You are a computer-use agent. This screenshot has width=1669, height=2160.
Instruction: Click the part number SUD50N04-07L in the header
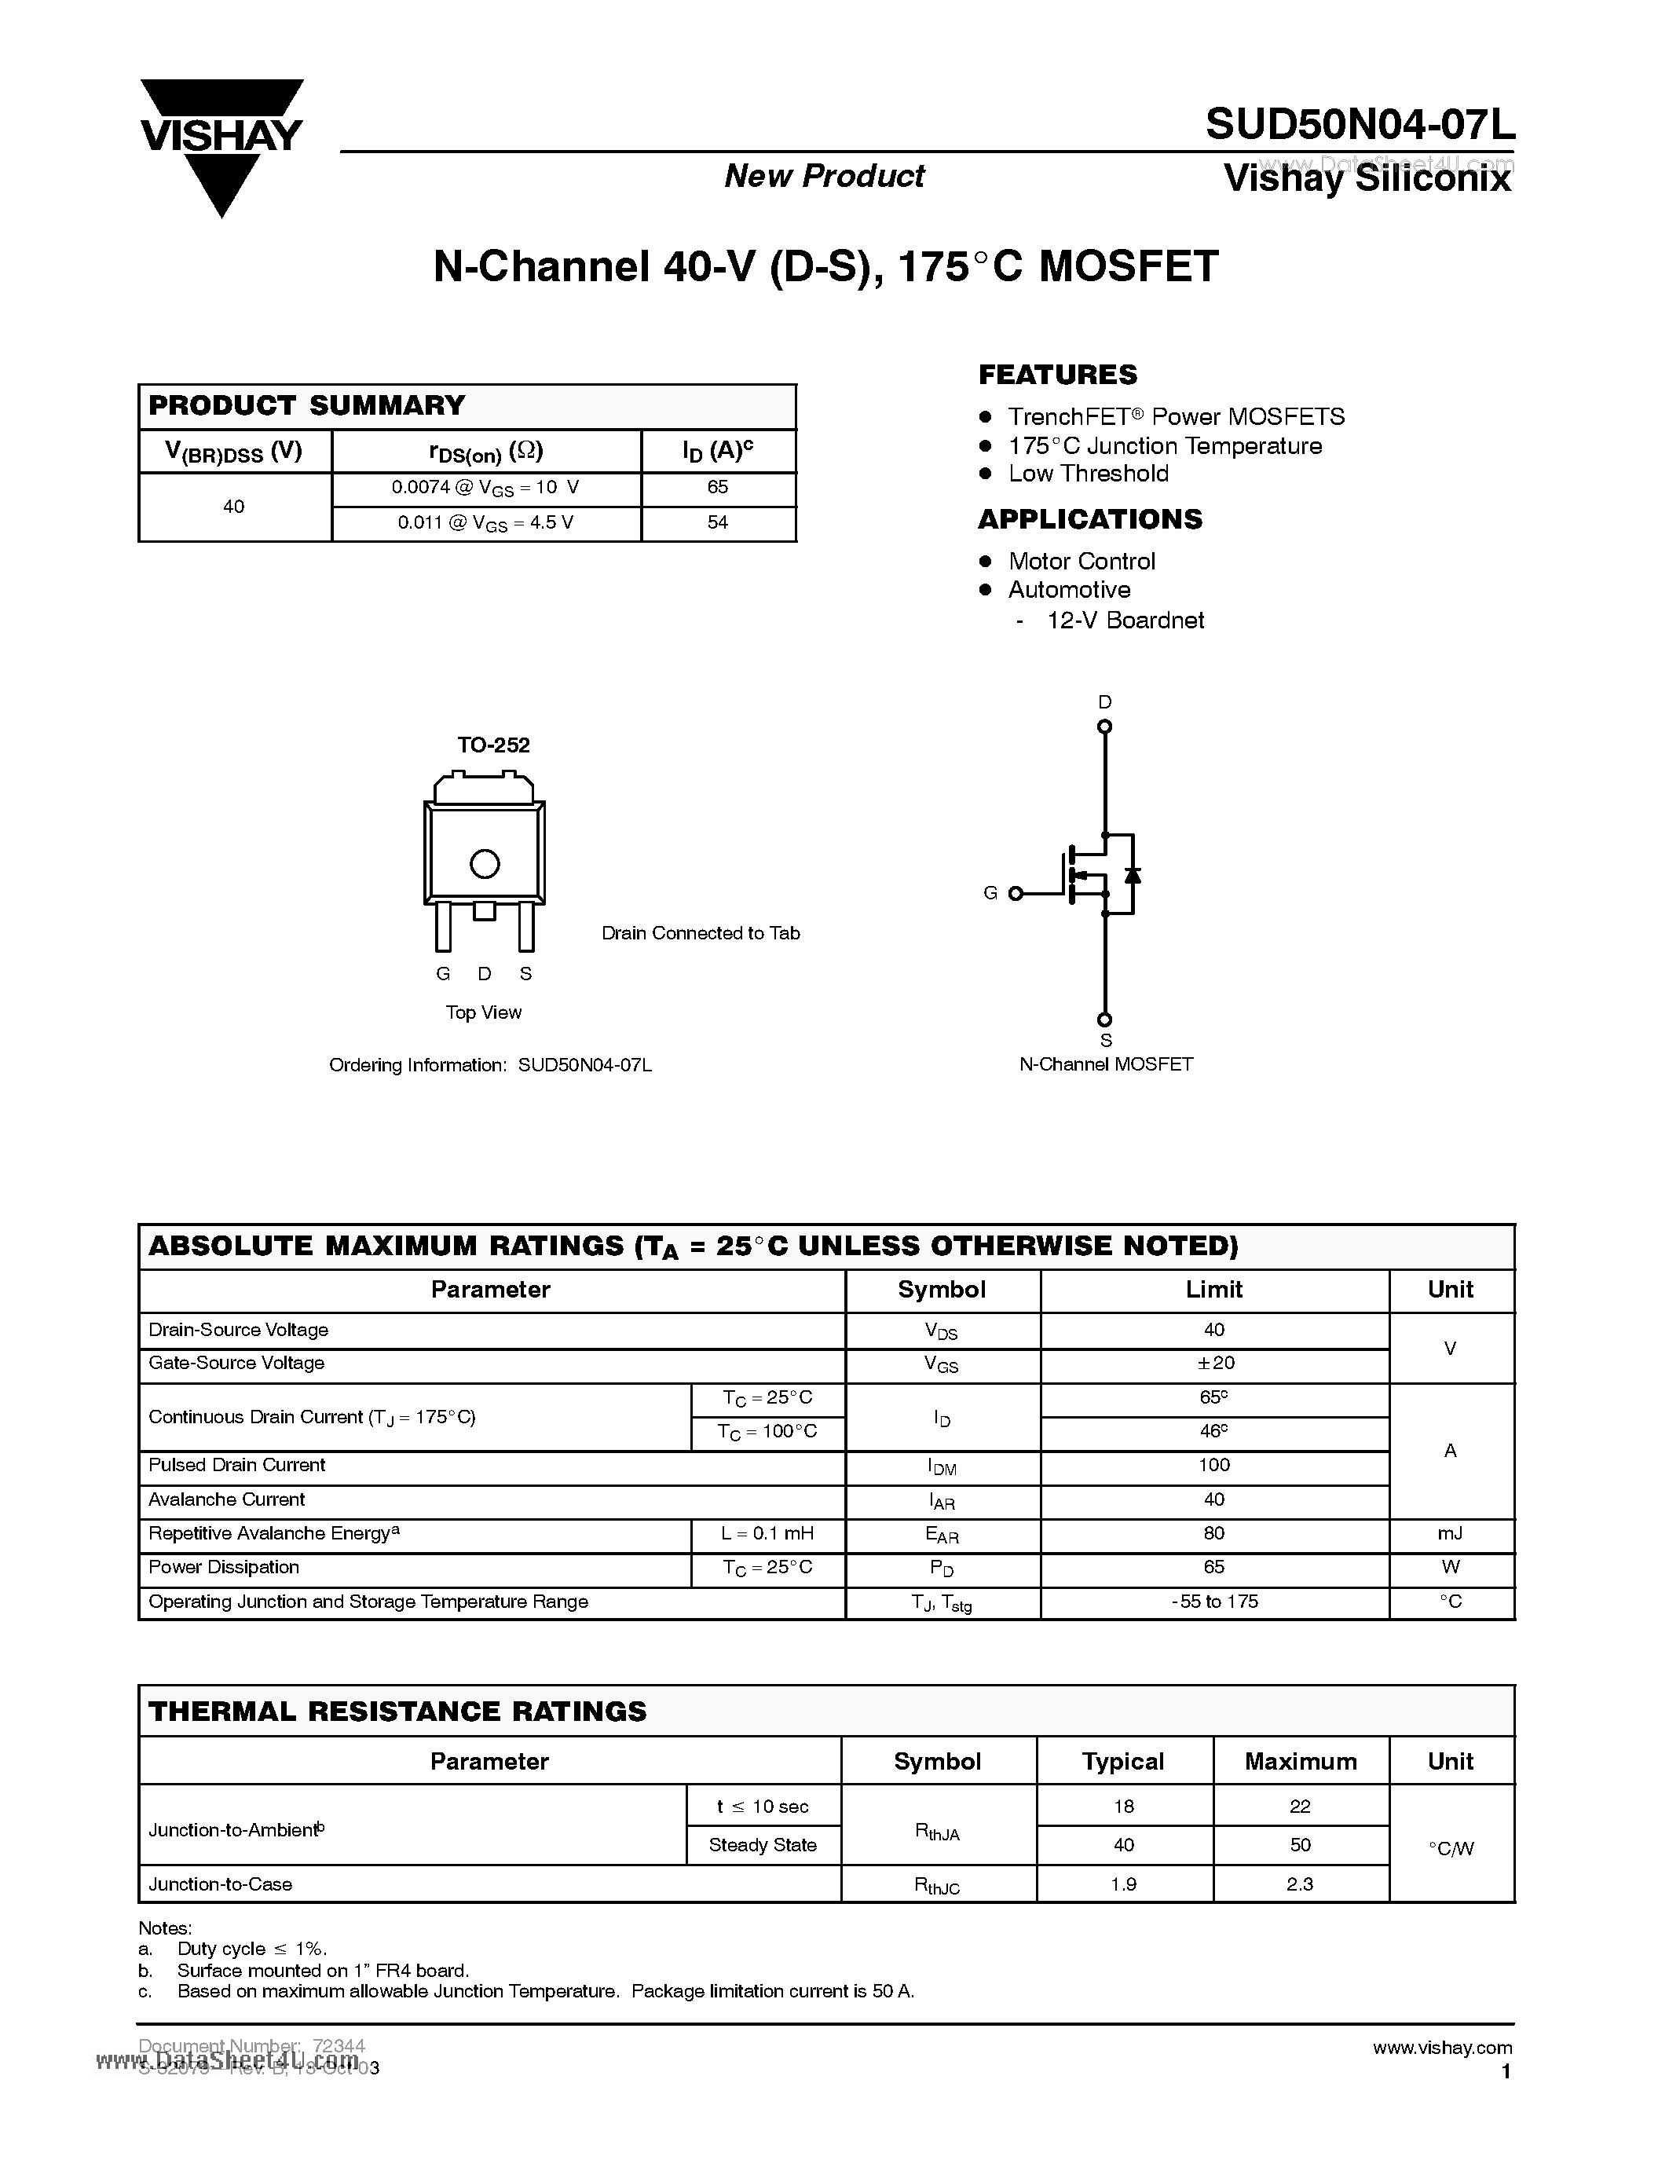(1360, 125)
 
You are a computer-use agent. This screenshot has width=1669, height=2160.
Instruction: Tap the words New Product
(824, 176)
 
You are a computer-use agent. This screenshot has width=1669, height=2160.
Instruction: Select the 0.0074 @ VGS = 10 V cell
(485, 488)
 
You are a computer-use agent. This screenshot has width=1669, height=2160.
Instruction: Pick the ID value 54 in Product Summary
(718, 522)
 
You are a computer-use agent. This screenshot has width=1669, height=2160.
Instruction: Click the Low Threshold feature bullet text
(1088, 474)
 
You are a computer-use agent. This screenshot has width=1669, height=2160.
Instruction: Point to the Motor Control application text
(1081, 561)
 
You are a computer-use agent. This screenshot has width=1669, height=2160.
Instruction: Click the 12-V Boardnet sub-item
(1125, 620)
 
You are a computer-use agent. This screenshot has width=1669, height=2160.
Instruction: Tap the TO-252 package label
(493, 745)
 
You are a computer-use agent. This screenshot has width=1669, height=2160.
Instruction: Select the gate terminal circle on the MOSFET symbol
(1015, 893)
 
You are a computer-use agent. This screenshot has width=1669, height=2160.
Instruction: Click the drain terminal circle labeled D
(1104, 727)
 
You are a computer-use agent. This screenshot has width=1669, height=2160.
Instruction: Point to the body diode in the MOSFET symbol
(1133, 874)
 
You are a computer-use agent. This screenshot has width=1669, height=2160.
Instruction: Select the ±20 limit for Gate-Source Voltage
(1214, 1363)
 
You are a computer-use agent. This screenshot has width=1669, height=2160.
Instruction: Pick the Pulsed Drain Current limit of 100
(1214, 1465)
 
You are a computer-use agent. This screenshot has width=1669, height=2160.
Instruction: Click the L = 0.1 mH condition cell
(767, 1533)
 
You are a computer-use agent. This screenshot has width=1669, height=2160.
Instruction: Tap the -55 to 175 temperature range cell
(1214, 1602)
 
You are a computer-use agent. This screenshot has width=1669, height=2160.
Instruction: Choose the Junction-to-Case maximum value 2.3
(1299, 1884)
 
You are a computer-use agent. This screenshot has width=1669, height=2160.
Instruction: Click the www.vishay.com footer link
(1441, 2047)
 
